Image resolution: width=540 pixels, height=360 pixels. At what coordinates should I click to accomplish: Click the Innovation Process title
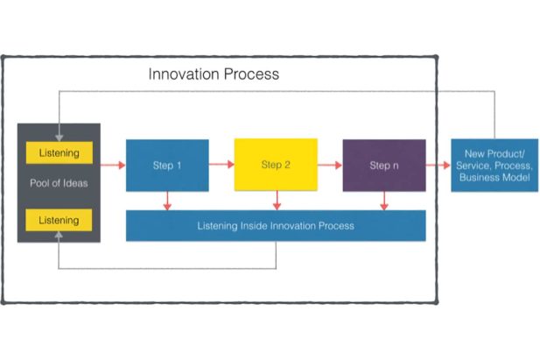(214, 74)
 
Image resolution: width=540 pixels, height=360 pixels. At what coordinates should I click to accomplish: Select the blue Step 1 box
(167, 165)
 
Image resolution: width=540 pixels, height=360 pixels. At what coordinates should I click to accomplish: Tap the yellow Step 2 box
(276, 165)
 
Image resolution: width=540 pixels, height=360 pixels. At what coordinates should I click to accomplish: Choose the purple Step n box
(383, 165)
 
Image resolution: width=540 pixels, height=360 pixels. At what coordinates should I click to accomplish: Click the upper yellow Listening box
(60, 153)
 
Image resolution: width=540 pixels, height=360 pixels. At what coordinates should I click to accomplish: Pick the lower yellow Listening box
(60, 219)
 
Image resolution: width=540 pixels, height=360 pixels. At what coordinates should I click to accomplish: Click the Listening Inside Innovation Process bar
(276, 226)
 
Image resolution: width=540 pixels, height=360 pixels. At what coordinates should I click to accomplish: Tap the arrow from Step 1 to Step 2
(221, 164)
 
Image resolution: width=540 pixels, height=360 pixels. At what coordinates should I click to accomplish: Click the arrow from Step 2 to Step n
(330, 164)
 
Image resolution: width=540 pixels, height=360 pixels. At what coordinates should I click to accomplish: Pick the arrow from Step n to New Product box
(438, 164)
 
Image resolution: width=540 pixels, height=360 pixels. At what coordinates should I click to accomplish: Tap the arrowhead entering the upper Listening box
(59, 137)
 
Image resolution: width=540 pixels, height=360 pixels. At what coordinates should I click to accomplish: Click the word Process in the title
(251, 74)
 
